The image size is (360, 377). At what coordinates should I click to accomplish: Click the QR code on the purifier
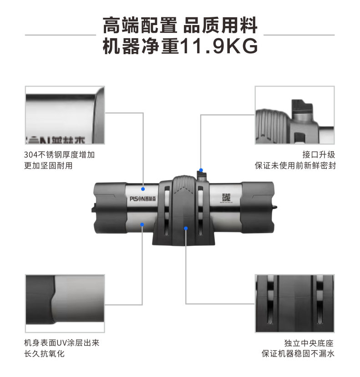pos(226,197)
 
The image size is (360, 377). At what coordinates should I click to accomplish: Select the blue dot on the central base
pos(186,228)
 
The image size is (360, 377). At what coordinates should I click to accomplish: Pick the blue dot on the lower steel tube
pos(143,224)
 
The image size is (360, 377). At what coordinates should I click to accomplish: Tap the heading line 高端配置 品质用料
pos(180,25)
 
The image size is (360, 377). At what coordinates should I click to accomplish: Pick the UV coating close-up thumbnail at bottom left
pos(65,303)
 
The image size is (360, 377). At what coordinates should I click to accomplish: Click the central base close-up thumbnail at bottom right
pos(294,303)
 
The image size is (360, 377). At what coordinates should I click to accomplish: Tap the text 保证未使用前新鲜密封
pos(295,165)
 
